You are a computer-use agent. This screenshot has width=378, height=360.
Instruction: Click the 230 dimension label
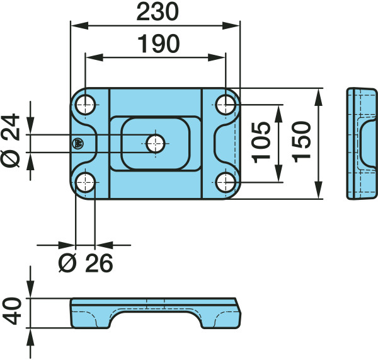coord(157,12)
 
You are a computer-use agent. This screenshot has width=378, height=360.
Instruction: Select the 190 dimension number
coord(159,44)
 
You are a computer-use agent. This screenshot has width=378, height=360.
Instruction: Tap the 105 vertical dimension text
coord(261,142)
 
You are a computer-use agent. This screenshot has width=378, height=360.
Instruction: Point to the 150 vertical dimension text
coord(301,142)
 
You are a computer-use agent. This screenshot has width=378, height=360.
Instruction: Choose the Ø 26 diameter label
coord(86,263)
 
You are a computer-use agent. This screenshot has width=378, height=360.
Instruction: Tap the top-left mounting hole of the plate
coord(85,105)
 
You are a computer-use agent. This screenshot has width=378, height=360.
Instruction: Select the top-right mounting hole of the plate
coord(226,105)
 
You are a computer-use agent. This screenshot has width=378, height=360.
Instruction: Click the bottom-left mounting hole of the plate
coord(85,182)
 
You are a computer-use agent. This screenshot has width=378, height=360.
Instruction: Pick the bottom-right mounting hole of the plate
coord(226,182)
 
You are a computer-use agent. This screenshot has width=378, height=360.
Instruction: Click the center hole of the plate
coord(156,144)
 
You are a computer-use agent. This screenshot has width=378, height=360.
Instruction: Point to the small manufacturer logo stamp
coord(78,144)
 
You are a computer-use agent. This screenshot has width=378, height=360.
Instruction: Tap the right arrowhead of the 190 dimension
coord(216,57)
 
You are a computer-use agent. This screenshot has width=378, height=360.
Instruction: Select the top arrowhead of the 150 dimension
coord(319,97)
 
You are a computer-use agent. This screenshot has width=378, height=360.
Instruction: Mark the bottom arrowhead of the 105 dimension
coord(278,173)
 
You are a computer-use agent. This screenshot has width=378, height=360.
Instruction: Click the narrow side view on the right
coord(362,144)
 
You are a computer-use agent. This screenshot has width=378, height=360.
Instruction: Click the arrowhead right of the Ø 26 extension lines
coord(104,245)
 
